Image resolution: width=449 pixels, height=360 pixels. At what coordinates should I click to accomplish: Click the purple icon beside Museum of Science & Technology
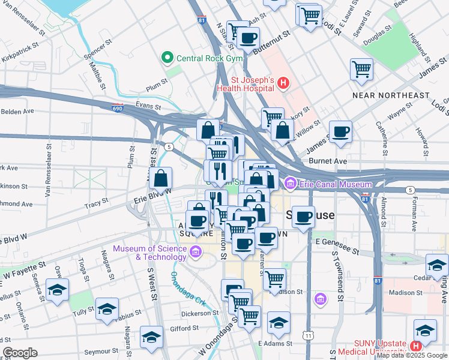(195, 252)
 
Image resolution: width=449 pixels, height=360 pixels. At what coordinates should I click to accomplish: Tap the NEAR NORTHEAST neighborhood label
(391, 95)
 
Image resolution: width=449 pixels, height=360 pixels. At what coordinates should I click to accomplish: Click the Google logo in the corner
(20, 353)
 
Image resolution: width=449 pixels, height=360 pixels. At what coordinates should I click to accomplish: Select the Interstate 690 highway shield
(118, 109)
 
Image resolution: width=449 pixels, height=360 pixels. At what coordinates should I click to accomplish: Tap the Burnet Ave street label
(328, 161)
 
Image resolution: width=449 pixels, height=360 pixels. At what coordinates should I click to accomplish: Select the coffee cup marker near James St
(340, 131)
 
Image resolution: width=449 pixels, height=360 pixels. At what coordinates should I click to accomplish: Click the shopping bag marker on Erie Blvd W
(161, 178)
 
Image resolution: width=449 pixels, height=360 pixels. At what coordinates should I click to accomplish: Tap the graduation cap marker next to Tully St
(106, 308)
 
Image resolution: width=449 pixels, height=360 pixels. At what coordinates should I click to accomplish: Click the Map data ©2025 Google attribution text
(412, 355)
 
